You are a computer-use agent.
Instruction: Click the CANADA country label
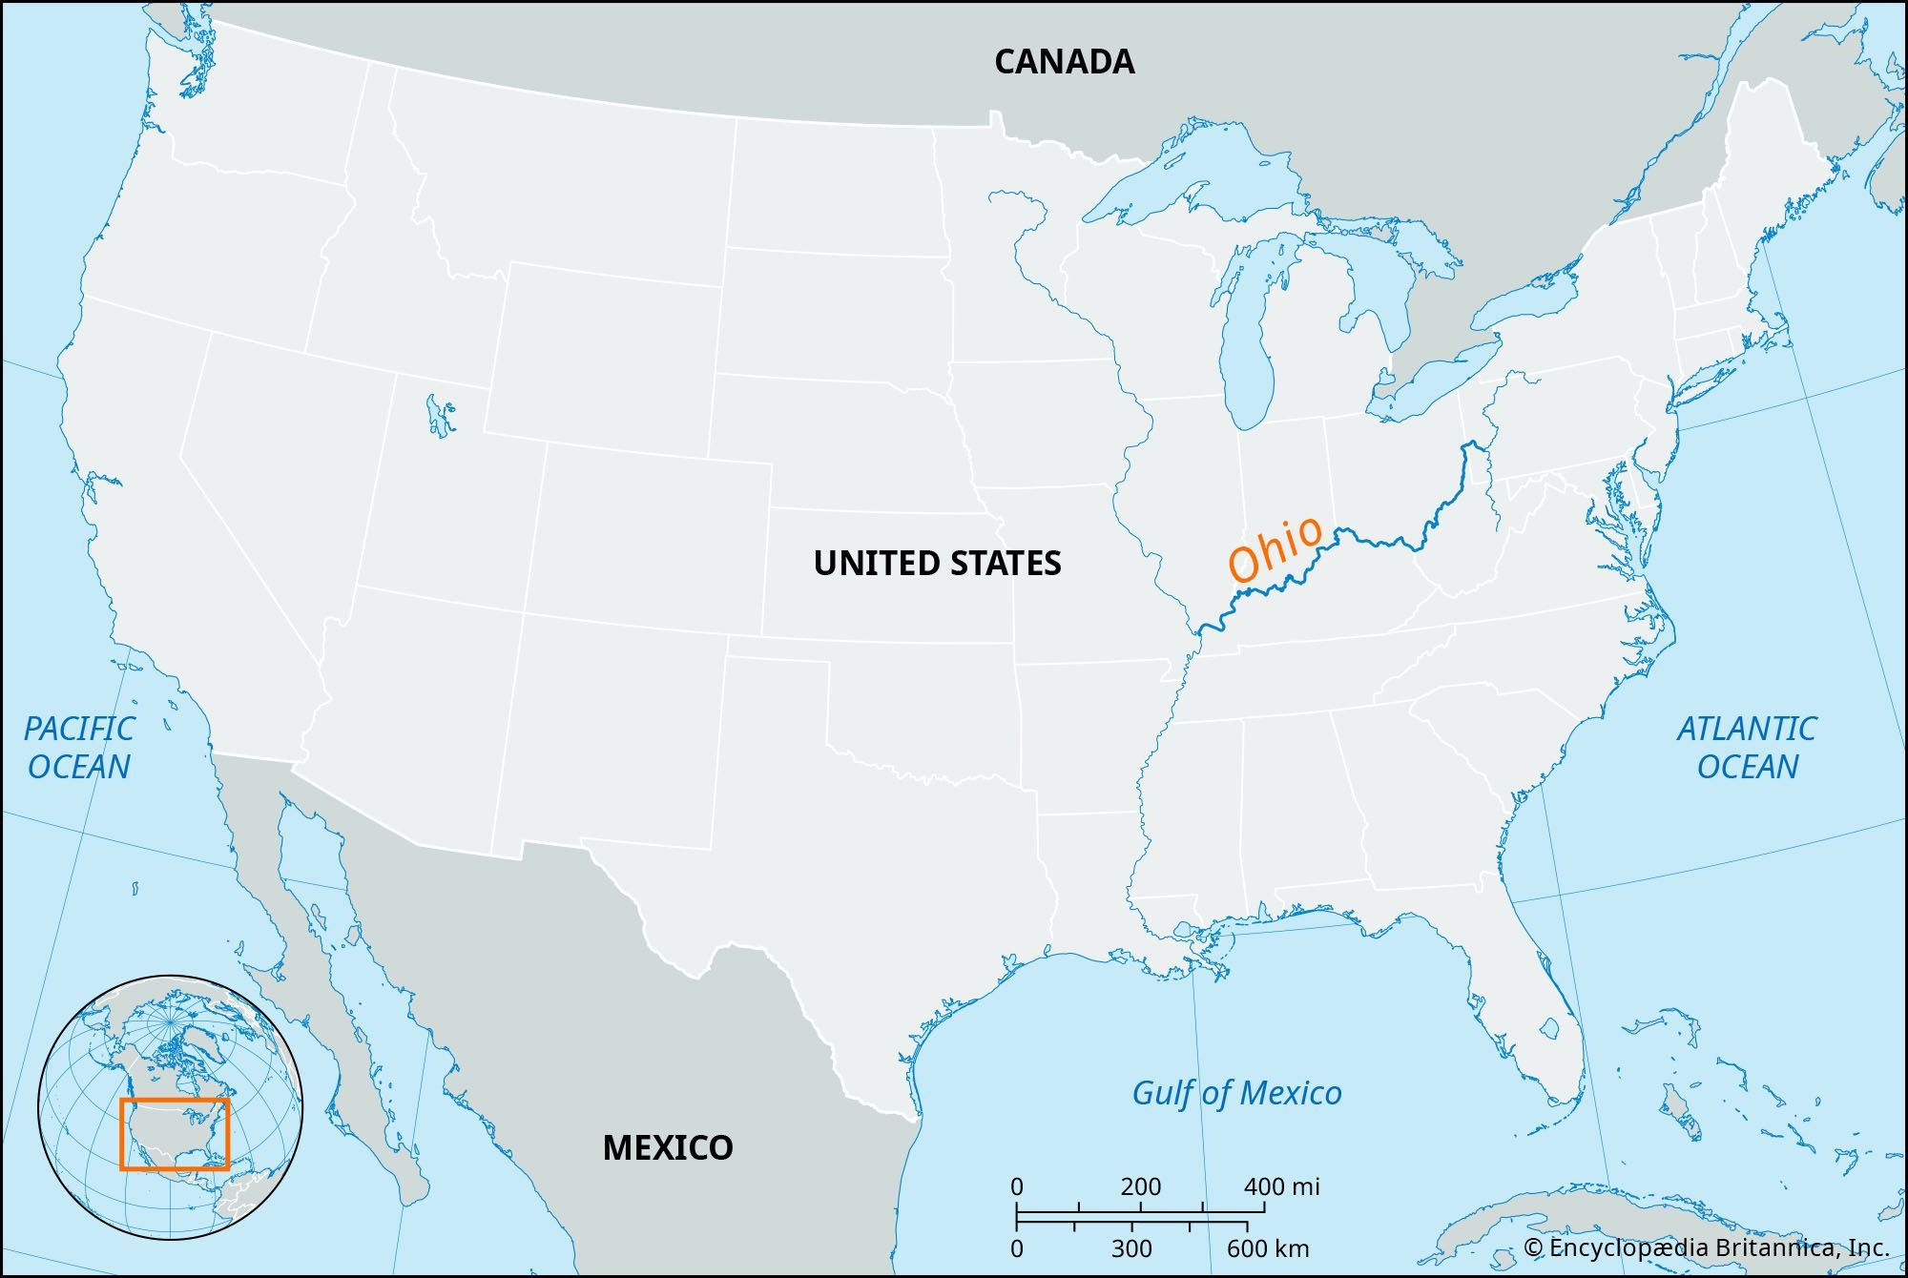pos(1064,62)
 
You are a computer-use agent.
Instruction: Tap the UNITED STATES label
pos(937,563)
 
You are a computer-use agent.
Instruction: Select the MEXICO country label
pos(668,1147)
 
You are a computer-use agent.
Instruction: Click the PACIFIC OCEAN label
pos(79,748)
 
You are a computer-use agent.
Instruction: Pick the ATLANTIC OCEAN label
pos(1747,748)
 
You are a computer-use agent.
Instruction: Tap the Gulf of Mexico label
pos(1236,1093)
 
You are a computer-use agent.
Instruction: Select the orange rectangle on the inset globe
pos(175,1100)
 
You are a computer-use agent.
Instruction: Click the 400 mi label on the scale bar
pos(1281,1187)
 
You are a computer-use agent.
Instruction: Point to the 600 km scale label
pos(1268,1248)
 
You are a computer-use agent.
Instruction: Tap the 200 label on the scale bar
pos(1140,1187)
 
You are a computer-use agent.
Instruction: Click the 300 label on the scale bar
pos(1131,1248)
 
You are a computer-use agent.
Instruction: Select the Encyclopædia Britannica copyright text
pos(1706,1247)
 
